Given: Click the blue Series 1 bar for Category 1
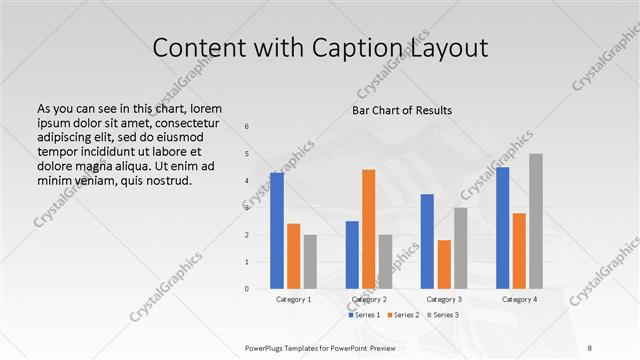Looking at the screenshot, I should (277, 231).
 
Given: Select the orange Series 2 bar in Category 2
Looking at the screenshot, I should (368, 229).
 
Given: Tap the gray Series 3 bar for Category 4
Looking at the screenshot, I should (536, 221).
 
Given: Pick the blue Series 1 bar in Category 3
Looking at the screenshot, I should (427, 241).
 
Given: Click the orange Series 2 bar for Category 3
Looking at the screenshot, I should (444, 264).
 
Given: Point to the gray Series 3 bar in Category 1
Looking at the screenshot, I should (310, 262).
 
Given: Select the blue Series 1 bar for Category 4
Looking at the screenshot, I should (502, 228).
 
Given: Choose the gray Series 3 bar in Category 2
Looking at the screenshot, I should (385, 262).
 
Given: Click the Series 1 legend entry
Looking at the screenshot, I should (365, 316).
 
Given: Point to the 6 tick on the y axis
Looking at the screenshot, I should (247, 127).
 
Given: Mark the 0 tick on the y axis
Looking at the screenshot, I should (247, 289).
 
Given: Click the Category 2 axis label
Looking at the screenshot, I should (368, 299).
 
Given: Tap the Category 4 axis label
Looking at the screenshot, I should (519, 299).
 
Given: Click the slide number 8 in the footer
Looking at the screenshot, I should (590, 347).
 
